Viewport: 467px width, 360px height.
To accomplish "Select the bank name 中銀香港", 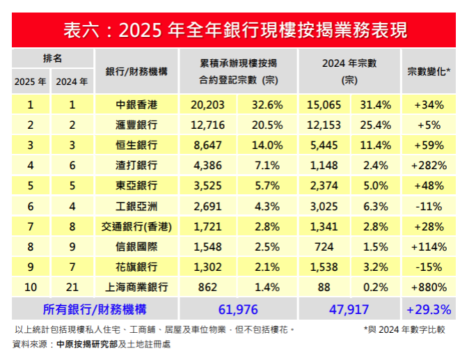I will [136, 105].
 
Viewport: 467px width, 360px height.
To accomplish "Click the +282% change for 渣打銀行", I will [427, 166].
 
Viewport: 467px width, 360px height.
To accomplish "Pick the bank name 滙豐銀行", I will [136, 125].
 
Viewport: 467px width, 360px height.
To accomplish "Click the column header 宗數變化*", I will [427, 71].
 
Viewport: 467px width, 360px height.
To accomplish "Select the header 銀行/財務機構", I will [136, 71].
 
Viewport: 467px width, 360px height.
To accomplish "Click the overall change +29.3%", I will [427, 308].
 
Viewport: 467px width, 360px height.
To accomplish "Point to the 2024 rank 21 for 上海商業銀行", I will [72, 287].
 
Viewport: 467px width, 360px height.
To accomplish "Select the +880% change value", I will [427, 287].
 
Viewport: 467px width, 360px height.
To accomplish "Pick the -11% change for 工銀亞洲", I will [427, 206].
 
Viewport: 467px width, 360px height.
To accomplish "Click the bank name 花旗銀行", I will [136, 267].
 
